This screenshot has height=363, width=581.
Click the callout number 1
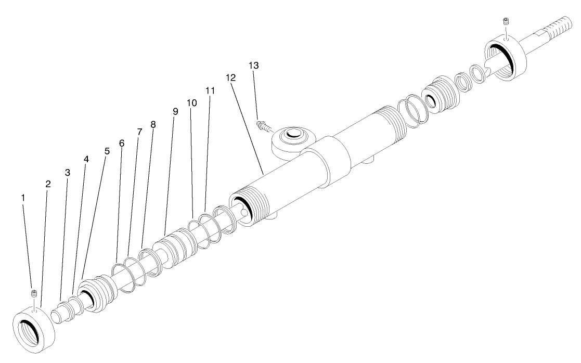click(x=23, y=198)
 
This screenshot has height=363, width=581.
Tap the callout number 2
click(x=48, y=184)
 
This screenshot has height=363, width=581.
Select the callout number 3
click(x=67, y=172)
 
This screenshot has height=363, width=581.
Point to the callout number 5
click(x=107, y=151)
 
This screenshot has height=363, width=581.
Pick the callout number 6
click(x=122, y=142)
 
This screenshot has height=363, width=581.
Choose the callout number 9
click(x=175, y=112)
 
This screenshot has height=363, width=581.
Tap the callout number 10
click(x=192, y=102)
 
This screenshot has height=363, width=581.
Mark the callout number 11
click(x=210, y=90)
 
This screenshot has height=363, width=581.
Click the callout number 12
click(x=231, y=77)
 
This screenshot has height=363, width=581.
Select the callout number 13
click(x=254, y=66)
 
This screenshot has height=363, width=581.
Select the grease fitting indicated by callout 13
click(x=264, y=125)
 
